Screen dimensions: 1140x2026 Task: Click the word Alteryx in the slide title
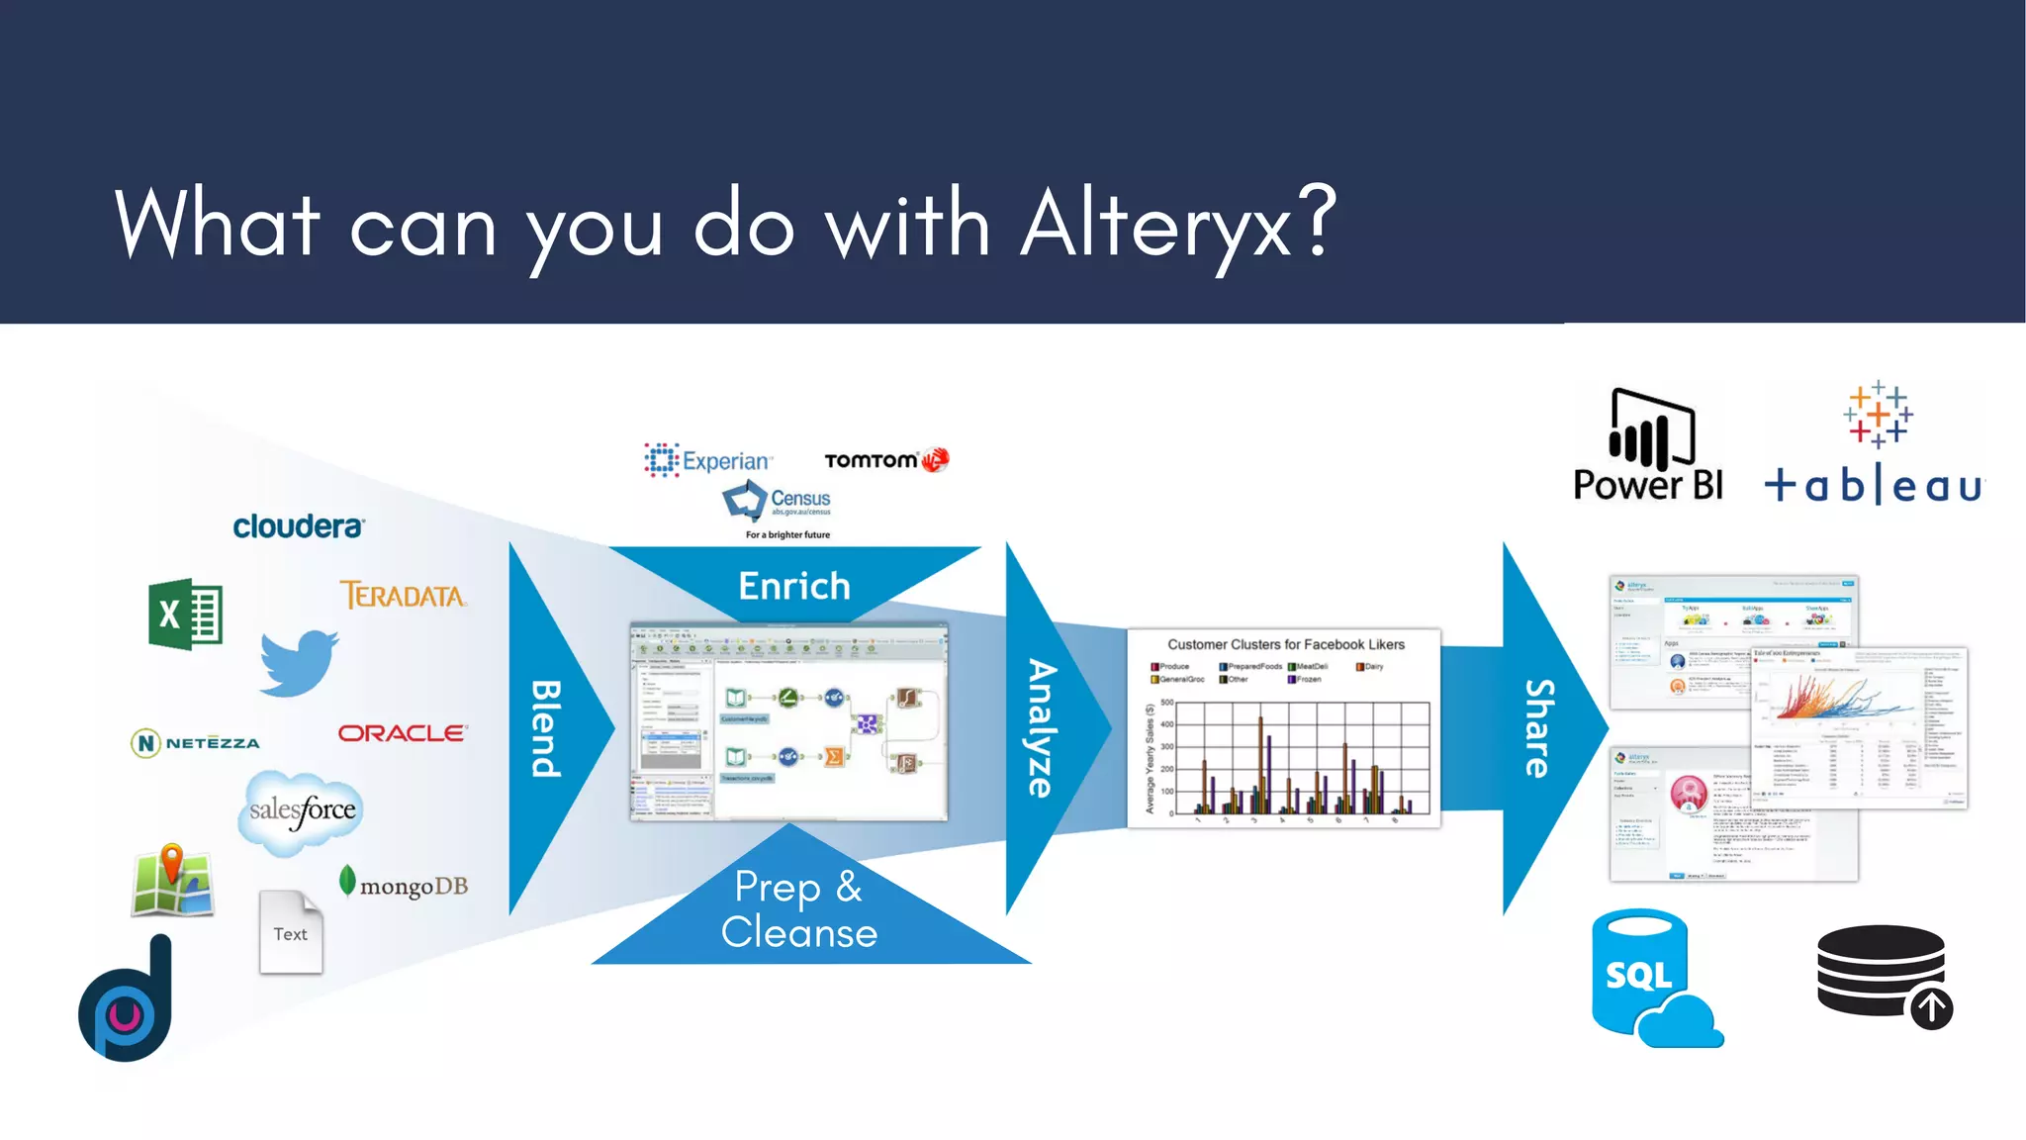[x=1157, y=226]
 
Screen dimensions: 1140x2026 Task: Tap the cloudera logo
[x=298, y=526]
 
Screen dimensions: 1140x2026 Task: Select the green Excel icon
[x=185, y=614]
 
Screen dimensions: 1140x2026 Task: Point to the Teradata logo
[x=403, y=595]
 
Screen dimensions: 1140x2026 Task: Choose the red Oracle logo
[x=402, y=733]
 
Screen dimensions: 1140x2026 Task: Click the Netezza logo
[x=196, y=742]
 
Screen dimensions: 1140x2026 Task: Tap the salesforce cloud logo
[x=302, y=811]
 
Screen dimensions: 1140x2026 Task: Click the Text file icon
[x=291, y=932]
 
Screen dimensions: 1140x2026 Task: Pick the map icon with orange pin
[x=172, y=881]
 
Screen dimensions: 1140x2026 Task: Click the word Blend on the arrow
[x=547, y=728]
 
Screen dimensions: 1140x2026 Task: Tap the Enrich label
[x=794, y=586]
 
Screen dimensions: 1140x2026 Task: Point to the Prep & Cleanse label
[x=799, y=909]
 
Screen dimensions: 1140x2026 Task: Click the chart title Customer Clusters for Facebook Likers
[x=1285, y=644]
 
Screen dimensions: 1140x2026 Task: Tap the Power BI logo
[x=1649, y=445]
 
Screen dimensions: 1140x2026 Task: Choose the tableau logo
[x=1875, y=445]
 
